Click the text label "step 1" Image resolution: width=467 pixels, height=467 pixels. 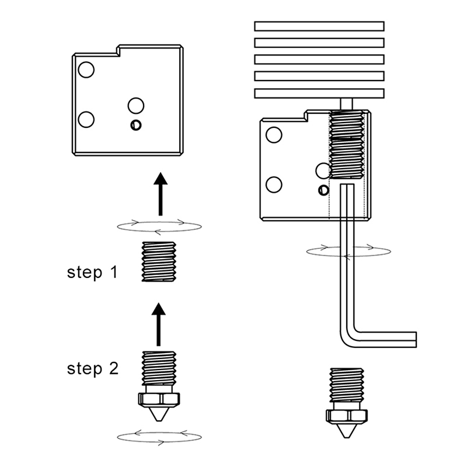[93, 272]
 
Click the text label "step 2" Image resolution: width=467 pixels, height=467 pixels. [93, 368]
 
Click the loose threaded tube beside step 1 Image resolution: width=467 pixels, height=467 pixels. [159, 263]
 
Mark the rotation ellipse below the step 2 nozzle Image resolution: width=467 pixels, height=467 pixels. [159, 435]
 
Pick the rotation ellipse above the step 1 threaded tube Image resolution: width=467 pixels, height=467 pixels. [159, 225]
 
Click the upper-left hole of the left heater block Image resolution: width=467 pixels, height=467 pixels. [86, 70]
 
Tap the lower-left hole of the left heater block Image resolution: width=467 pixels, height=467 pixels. [86, 119]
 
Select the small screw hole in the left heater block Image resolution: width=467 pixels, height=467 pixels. [136, 124]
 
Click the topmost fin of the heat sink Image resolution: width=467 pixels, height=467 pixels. [319, 26]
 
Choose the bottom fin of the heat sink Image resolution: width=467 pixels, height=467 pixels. [319, 93]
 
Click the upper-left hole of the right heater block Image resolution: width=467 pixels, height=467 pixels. [273, 135]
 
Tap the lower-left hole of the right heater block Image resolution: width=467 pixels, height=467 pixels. [273, 184]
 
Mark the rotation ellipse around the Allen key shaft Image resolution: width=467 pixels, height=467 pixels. [348, 250]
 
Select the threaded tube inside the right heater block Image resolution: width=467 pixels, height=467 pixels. [348, 145]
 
